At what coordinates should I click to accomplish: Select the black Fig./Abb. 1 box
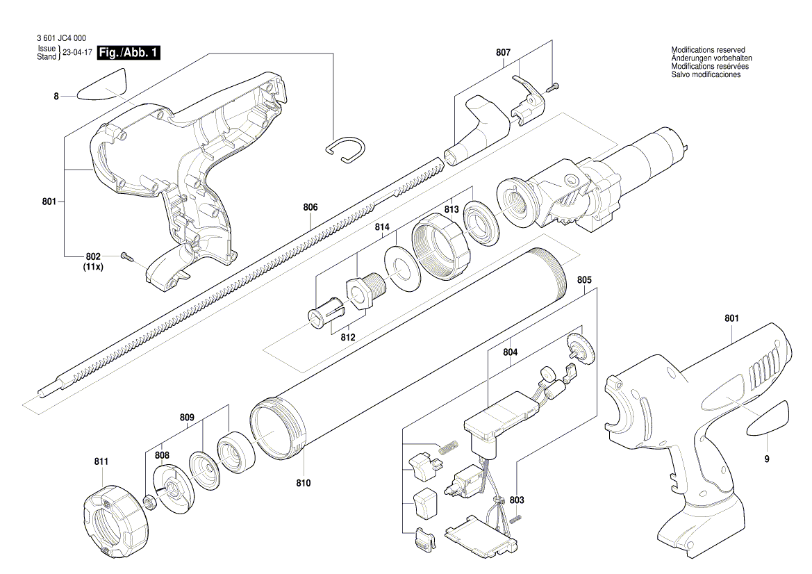coord(129,53)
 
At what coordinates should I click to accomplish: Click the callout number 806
coord(310,207)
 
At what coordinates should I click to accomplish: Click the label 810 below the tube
coord(303,483)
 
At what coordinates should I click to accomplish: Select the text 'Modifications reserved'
coord(708,50)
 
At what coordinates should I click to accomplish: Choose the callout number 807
coord(503,53)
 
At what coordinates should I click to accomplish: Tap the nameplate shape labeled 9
coord(768,418)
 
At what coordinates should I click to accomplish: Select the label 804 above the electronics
coord(510,352)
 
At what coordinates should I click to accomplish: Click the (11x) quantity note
coord(93,267)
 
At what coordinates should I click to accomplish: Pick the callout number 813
coord(451,209)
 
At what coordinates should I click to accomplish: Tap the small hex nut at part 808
coord(148,501)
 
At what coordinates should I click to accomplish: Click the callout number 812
coord(347,338)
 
